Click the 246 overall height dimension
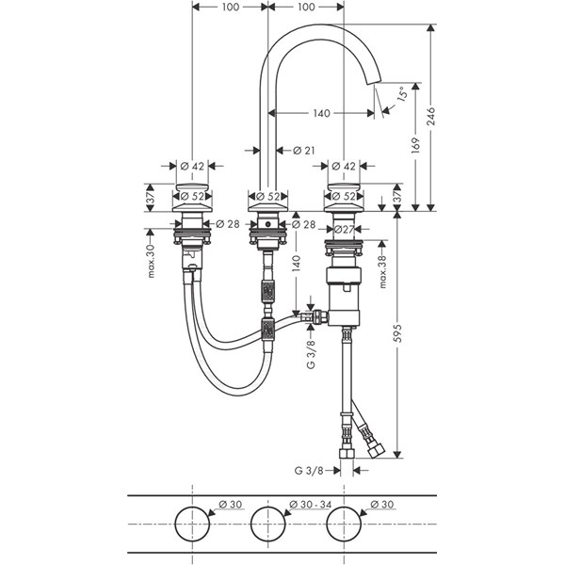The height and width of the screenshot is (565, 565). point(430,117)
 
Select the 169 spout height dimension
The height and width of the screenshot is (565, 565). point(416,145)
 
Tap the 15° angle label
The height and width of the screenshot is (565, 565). point(402,93)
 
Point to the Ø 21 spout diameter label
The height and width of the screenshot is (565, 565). point(304,151)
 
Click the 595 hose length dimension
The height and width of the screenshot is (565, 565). point(397,333)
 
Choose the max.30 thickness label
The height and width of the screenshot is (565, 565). point(151,261)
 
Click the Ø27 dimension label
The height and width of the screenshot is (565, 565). point(345,229)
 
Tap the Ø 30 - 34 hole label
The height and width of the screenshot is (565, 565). point(310,505)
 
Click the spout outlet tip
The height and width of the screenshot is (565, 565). point(374,81)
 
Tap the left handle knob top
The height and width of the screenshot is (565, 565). point(192,187)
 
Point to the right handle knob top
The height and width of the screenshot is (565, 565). point(344,187)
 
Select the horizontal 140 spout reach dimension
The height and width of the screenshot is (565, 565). point(321,113)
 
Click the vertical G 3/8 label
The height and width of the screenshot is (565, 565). point(311,355)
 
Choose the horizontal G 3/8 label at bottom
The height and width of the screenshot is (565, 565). point(309,471)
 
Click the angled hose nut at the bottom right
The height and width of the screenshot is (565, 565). point(376,450)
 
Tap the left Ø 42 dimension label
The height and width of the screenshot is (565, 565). point(192,166)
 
